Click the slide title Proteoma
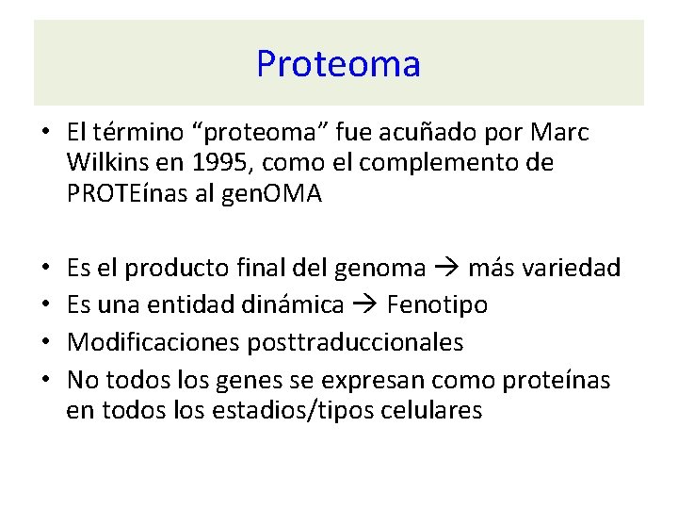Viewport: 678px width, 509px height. [x=338, y=64]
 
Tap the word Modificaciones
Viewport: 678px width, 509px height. [x=154, y=342]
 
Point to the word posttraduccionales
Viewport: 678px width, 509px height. [x=356, y=342]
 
